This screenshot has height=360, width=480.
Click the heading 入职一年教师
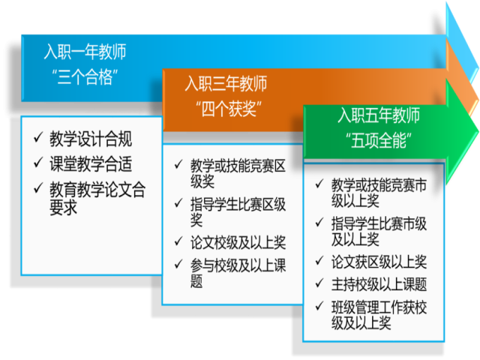coord(85,52)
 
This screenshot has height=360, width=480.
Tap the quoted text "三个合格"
coord(85,76)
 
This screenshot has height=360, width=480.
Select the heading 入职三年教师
coord(226,83)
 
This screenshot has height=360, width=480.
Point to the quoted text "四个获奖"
coord(229,109)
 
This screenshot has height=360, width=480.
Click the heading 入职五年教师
coord(379,115)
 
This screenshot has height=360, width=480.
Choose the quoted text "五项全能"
coord(379,140)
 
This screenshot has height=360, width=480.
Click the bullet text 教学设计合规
coord(91,139)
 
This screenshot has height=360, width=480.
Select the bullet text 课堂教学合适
coord(91,163)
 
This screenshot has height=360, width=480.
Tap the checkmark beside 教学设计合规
coord(38,137)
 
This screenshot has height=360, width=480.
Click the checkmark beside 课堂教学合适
coord(38,163)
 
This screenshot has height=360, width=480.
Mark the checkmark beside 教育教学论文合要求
coord(38,188)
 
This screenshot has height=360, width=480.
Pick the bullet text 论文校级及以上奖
coord(238,243)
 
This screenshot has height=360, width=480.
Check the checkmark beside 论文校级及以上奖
coord(178,241)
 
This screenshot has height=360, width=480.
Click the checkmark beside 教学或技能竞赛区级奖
coord(178,164)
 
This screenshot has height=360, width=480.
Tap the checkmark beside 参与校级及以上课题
coord(178,264)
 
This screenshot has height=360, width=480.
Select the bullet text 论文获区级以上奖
coord(379,262)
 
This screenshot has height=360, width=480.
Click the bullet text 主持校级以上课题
coord(379,285)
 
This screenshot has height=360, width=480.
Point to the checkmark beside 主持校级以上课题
coord(319,283)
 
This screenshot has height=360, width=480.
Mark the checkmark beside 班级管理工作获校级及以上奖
coord(319,306)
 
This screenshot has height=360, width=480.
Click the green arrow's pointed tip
coord(478,132)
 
